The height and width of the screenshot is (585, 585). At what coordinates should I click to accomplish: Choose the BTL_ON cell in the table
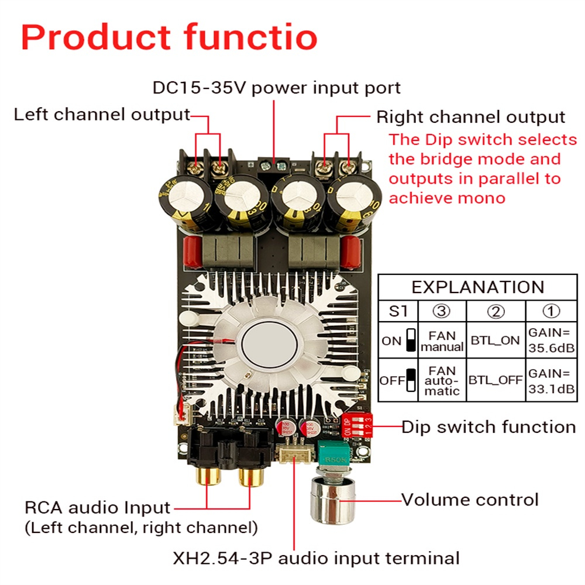[x=495, y=340]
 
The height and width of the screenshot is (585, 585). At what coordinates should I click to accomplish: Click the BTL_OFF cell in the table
[x=495, y=381]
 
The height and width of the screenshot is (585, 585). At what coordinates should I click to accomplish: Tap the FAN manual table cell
[x=442, y=341]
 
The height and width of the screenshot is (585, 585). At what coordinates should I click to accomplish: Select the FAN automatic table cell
[x=442, y=381]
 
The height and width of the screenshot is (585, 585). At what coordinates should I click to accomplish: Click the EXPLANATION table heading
[x=477, y=287]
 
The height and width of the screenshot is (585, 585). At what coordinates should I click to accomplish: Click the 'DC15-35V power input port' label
[x=277, y=88]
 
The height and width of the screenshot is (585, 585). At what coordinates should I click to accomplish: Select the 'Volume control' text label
[x=470, y=500]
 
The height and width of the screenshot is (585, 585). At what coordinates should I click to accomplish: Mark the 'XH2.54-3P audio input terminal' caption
[x=316, y=558]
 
